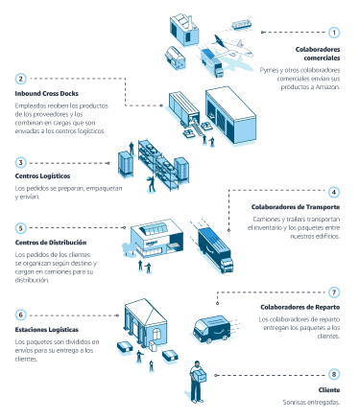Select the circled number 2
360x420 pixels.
pos(21,79)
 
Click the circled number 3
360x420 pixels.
pos(21,162)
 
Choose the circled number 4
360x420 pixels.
pos(333,192)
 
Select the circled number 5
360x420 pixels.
pos(21,228)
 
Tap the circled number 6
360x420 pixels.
pos(21,314)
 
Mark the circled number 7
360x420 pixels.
pos(333,292)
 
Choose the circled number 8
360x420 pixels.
pos(333,374)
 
